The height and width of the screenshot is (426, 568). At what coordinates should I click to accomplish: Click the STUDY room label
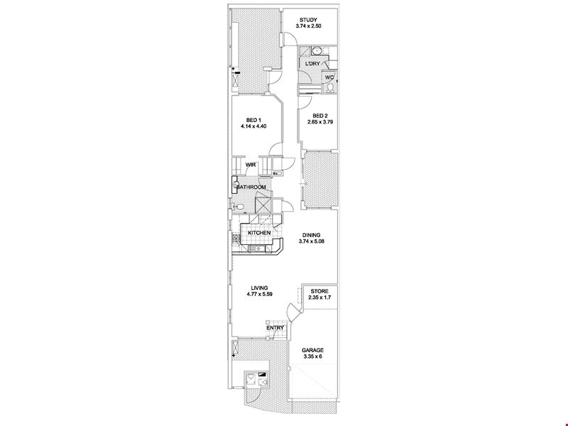308,20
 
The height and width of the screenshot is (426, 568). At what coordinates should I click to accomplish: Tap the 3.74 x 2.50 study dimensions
308,26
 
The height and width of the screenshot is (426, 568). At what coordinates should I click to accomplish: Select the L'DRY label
312,64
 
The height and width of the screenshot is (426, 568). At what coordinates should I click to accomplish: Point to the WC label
329,77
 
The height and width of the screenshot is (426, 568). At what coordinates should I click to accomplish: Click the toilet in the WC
330,88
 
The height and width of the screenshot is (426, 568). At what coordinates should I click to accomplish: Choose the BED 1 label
253,120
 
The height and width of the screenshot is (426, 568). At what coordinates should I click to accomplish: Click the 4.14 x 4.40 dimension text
253,126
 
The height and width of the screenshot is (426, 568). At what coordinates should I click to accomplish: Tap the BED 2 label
320,116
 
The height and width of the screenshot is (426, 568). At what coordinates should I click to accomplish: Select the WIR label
251,165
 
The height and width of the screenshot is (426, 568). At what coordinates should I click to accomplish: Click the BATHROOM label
251,187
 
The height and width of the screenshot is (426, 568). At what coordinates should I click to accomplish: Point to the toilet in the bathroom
239,207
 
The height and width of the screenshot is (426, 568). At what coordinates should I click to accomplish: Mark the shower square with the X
263,205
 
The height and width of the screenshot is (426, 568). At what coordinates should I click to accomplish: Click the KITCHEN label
259,233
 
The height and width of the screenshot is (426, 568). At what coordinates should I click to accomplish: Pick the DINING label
311,235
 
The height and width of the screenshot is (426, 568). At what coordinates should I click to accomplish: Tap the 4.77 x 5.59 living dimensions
259,295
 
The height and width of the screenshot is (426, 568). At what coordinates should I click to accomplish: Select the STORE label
319,291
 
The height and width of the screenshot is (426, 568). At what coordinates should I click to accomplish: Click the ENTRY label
275,328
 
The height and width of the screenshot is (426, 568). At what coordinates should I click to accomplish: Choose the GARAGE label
313,350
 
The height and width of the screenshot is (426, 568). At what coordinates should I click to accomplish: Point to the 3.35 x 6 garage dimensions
313,356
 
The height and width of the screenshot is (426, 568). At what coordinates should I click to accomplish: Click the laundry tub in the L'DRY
317,50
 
